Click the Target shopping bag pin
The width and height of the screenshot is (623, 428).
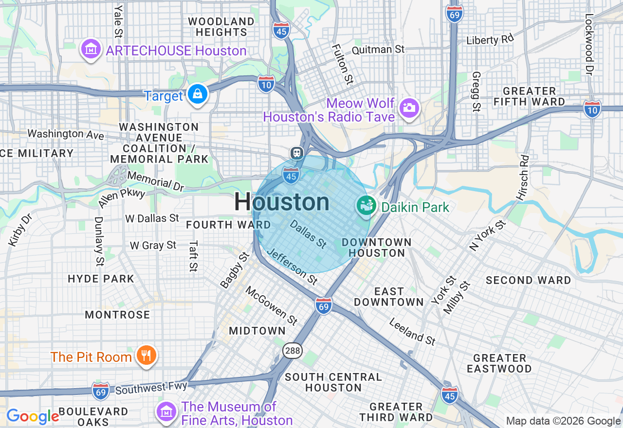(198, 93)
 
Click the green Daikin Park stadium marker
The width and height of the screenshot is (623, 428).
(366, 206)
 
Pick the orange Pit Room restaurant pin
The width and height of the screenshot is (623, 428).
(145, 355)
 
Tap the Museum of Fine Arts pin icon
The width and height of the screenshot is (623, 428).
(166, 411)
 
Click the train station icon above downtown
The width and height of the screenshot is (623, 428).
(296, 153)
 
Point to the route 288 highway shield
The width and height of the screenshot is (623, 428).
(293, 351)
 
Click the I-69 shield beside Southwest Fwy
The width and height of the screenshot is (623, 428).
(101, 391)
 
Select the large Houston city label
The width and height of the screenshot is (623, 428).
(282, 202)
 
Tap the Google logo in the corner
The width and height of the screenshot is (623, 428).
(33, 416)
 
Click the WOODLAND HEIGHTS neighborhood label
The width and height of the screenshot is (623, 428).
(221, 27)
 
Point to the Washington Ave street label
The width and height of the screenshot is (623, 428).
(66, 134)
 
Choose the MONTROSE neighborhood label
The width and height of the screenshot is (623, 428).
(117, 315)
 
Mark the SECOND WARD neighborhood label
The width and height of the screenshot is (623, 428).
(528, 280)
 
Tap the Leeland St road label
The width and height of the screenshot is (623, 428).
(412, 332)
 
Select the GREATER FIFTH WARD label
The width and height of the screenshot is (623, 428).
(529, 96)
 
